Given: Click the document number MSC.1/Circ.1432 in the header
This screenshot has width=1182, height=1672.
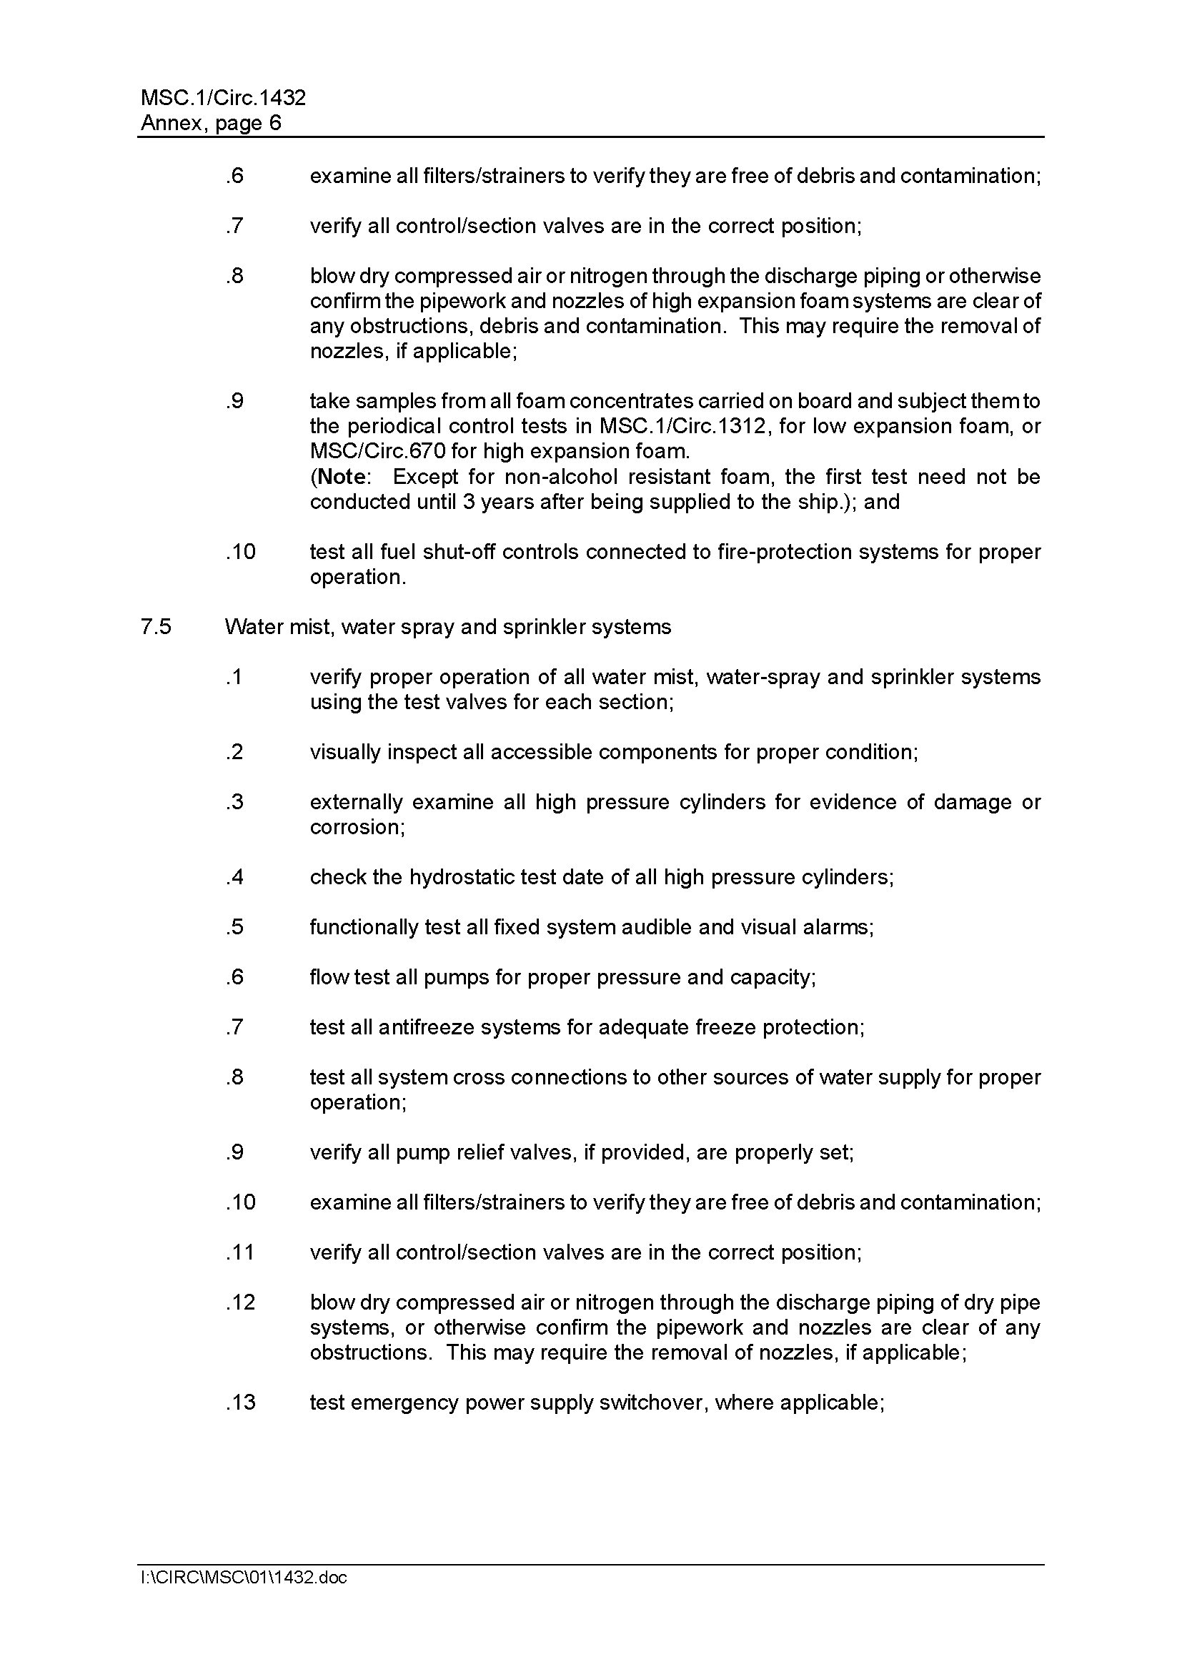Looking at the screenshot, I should click(x=223, y=98).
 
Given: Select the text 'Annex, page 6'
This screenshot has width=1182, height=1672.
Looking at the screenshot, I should click(x=210, y=123).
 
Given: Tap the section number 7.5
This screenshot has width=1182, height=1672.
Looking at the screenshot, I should click(x=156, y=627).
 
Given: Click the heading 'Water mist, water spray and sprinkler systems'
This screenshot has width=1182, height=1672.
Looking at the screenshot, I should click(x=447, y=627).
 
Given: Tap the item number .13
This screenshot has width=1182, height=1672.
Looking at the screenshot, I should click(x=241, y=1403).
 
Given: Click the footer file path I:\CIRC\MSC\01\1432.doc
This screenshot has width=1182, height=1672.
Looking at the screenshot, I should click(x=244, y=1578).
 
